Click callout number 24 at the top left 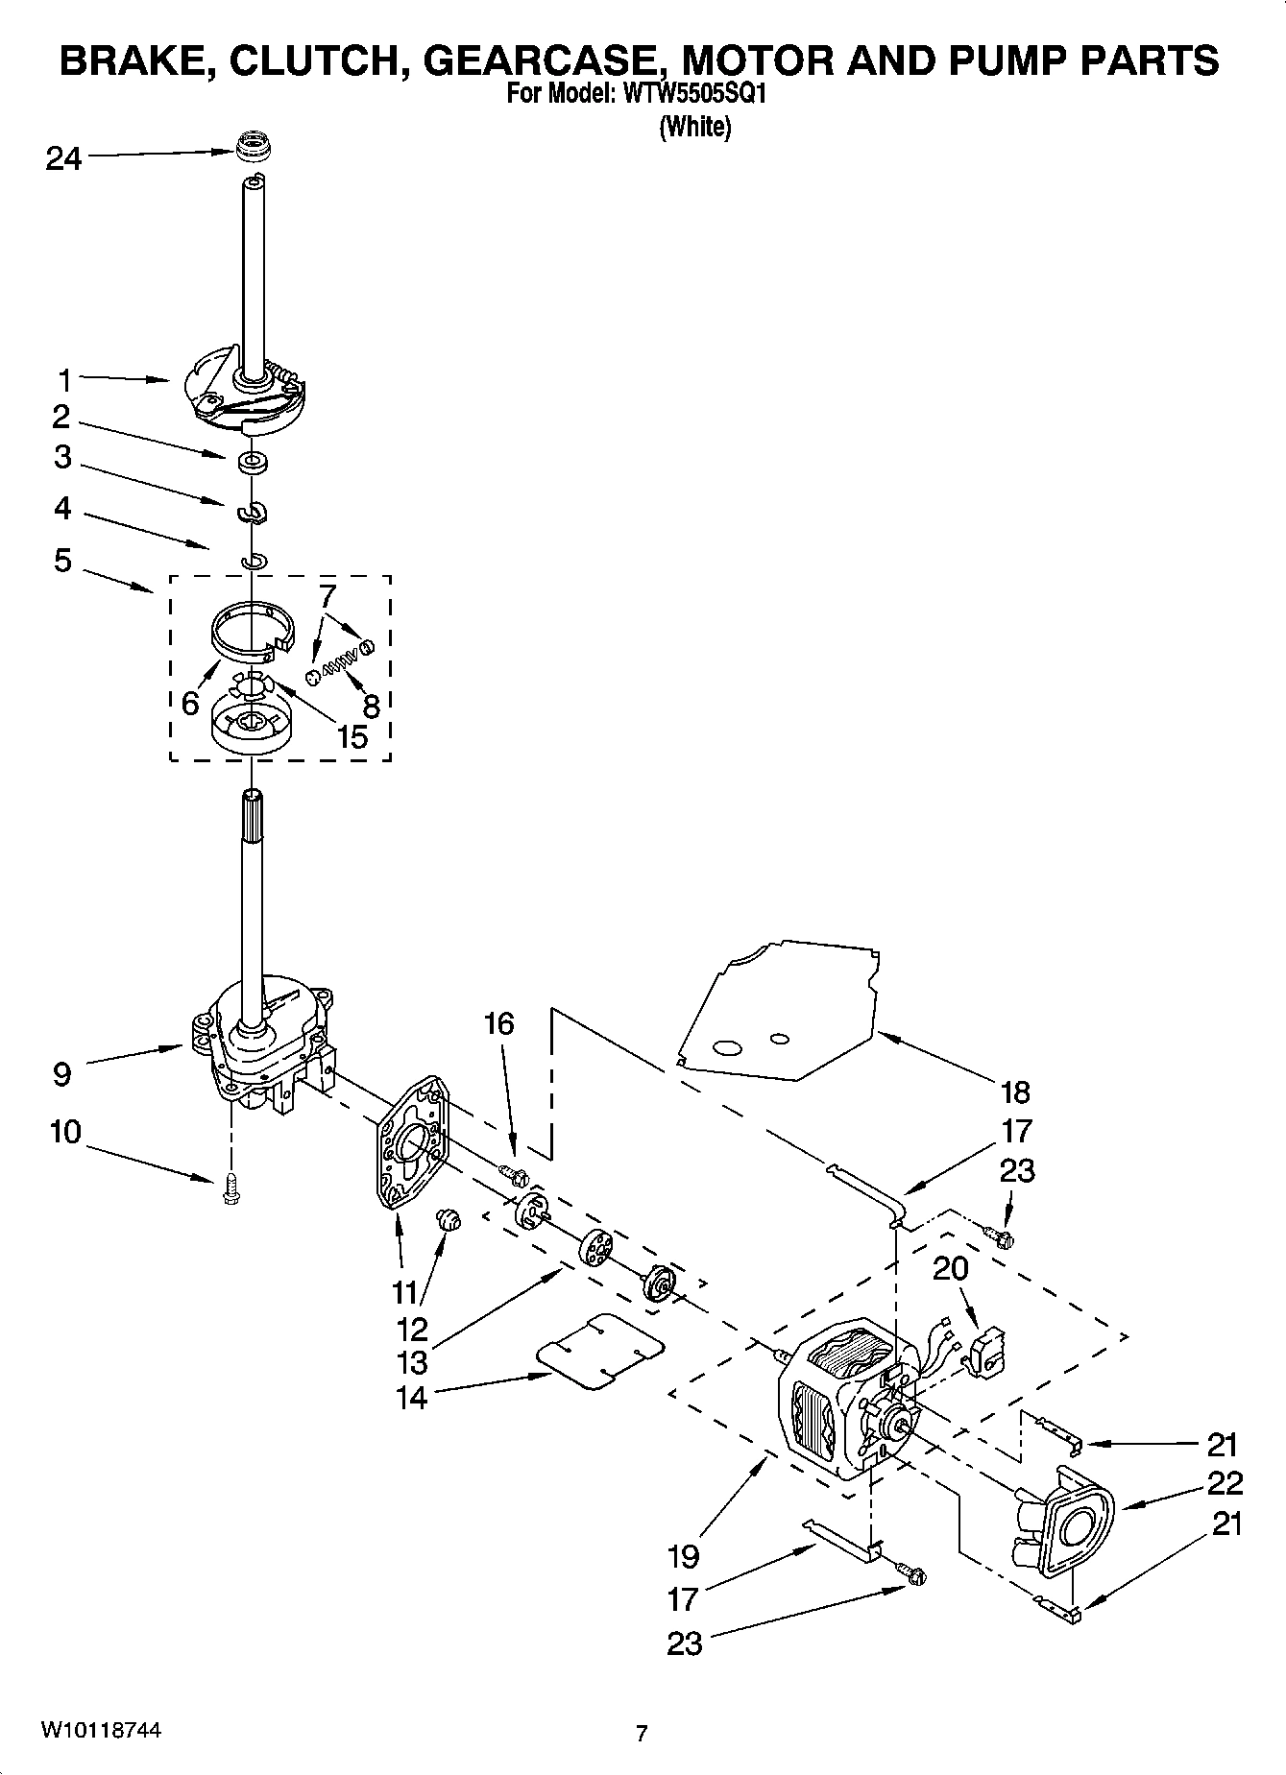[63, 158]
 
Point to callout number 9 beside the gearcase [62, 1074]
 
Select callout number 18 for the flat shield [1015, 1091]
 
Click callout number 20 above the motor [951, 1268]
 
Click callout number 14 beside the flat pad [411, 1397]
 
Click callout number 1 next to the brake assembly [63, 381]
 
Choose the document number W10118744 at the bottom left [100, 1730]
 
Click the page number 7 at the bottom [642, 1733]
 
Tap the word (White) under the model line [694, 128]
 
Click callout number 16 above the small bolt [498, 1023]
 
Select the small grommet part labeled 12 [449, 1220]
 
